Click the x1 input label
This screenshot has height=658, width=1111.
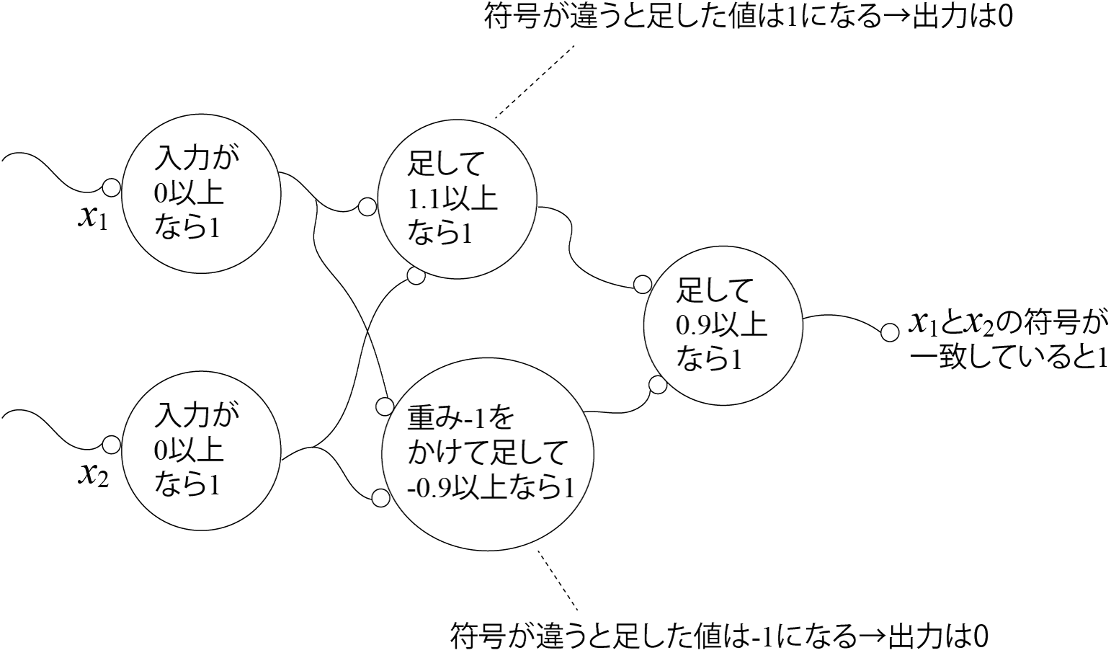(92, 218)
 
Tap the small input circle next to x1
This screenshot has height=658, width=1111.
(111, 187)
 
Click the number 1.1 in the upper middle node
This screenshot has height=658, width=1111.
(425, 200)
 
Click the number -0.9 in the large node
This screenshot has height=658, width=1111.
(429, 489)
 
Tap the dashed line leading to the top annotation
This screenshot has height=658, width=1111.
(535, 81)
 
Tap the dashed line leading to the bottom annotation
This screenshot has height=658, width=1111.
(557, 581)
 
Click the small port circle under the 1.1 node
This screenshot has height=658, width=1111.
(416, 275)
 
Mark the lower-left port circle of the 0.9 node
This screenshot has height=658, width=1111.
(657, 385)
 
